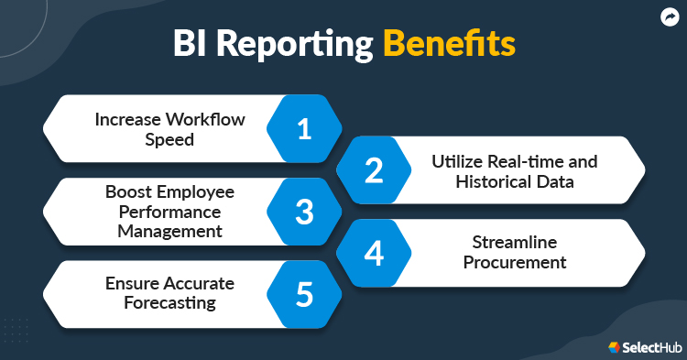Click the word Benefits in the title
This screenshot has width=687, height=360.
[x=449, y=44]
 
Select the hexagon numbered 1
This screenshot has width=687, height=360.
[x=304, y=129]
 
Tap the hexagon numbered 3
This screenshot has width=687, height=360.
[x=304, y=212]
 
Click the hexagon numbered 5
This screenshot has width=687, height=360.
[x=304, y=294]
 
